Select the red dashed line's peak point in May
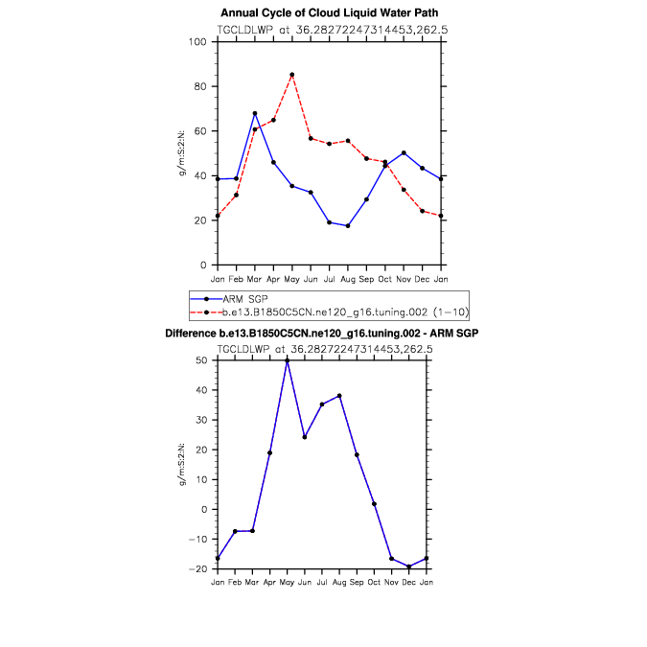coord(291,75)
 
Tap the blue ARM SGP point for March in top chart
coord(254,113)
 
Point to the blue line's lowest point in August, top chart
coord(348,225)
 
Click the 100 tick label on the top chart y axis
coord(199,42)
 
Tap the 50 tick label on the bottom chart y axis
coord(202,360)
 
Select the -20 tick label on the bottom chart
coord(199,569)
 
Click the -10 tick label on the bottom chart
coord(199,540)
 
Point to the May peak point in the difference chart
coord(288,360)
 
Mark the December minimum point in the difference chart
coord(408,566)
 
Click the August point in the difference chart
coord(339,396)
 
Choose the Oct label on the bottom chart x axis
coord(374,582)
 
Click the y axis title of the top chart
coord(195,153)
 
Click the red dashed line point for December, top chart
coord(423,211)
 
